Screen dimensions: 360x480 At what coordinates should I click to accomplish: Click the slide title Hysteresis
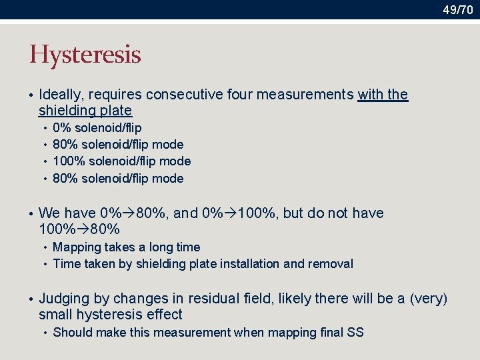coord(85,55)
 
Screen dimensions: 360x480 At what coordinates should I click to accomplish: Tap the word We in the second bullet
coord(49,213)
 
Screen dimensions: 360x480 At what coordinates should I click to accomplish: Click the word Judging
coord(64,298)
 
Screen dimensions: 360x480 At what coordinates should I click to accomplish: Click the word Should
coord(71,332)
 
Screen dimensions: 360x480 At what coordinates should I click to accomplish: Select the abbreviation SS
coord(355,332)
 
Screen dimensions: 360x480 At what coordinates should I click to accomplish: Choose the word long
coord(161,247)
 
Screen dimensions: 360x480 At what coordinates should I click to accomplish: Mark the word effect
coord(165,315)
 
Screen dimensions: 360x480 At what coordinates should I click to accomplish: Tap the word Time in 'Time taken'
coord(66,263)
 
